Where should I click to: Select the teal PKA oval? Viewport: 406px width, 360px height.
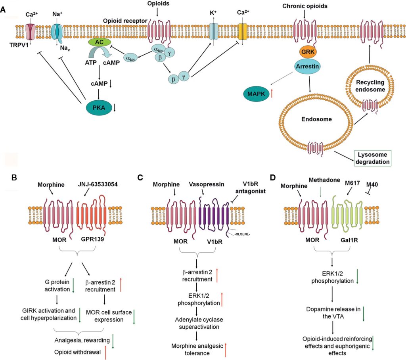[98, 107]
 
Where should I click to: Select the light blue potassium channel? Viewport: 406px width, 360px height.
[213, 31]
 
